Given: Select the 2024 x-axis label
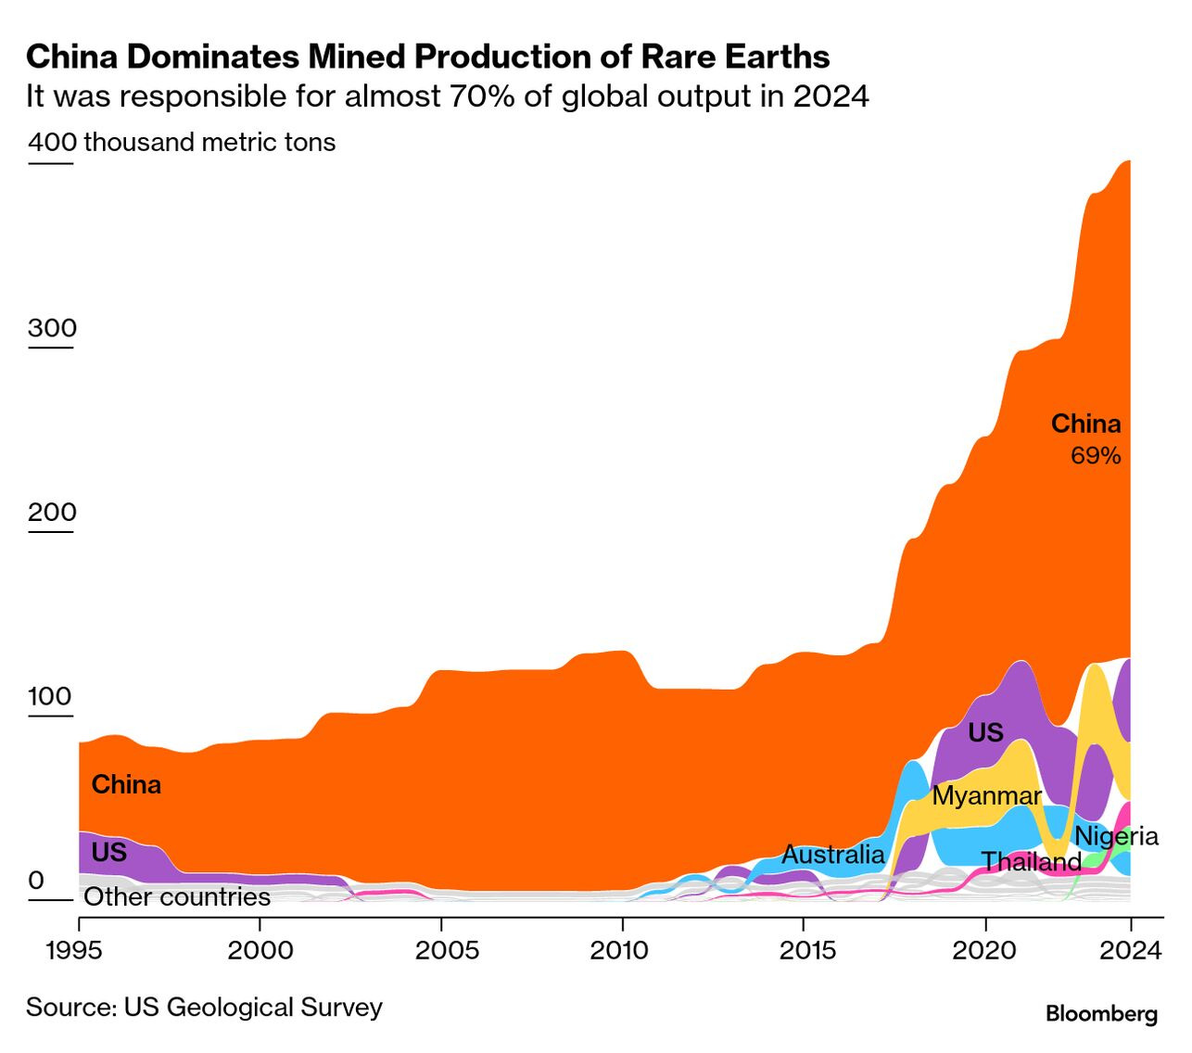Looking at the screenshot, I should click(1129, 950).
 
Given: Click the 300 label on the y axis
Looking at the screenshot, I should click(52, 328).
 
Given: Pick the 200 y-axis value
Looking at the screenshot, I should click(52, 513).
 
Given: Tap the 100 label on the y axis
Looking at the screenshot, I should click(50, 696).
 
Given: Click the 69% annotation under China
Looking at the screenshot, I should click(1096, 456).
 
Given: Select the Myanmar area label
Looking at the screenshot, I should click(986, 796).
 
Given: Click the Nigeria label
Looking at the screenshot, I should click(1116, 836).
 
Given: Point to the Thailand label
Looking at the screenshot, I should click(1032, 863).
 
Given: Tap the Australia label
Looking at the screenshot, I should click(833, 855).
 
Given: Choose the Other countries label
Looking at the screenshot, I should click(177, 897).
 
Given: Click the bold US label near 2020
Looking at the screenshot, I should click(985, 733).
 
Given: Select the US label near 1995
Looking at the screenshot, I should click(108, 852).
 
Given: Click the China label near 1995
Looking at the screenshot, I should click(126, 785).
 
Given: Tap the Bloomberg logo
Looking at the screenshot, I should click(1101, 1014).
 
